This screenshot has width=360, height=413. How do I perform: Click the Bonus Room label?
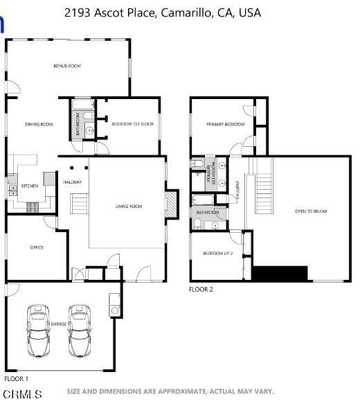(67, 66)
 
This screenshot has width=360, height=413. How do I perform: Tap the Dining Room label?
(39, 124)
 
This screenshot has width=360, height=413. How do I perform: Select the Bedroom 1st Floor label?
(133, 124)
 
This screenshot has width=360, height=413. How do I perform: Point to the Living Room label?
(129, 206)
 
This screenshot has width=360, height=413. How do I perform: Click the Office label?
(37, 247)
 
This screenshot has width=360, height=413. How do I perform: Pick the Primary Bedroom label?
(226, 124)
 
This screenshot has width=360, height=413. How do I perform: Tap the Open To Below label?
(311, 211)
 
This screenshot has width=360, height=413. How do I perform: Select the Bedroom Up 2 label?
(218, 254)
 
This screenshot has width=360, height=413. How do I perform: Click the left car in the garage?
(38, 331)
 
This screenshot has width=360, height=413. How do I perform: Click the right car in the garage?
(80, 331)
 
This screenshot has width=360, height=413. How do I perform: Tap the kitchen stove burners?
(33, 207)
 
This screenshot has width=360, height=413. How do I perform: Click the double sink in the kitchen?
(12, 191)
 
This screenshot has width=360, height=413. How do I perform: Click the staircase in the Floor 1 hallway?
(79, 203)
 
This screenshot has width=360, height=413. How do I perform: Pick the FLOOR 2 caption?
(201, 290)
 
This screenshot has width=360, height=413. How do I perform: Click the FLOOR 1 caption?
(16, 379)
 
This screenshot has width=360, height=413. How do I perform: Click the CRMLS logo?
(22, 394)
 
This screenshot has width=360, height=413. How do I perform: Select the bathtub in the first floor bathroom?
(83, 105)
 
